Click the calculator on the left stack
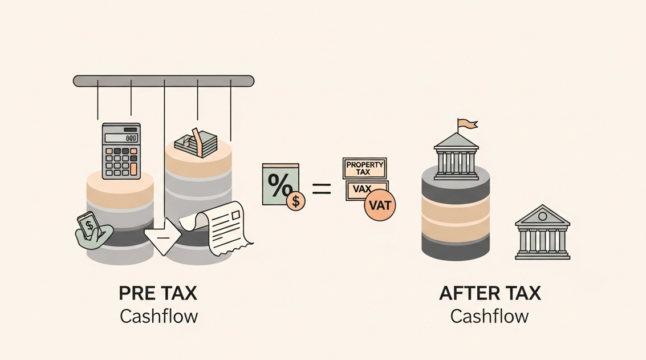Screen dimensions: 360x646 click(x=121, y=151)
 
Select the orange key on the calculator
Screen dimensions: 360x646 click(x=134, y=169)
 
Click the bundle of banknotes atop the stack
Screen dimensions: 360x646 click(x=196, y=142)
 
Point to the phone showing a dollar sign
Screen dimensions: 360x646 click(x=89, y=226)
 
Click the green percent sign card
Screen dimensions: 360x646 click(x=280, y=184)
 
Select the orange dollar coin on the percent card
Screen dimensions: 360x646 click(x=296, y=201)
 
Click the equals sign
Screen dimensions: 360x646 click(x=322, y=189)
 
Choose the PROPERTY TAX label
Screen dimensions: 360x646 click(x=365, y=168)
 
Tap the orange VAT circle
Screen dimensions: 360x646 click(x=380, y=204)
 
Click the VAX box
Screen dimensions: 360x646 click(x=359, y=188)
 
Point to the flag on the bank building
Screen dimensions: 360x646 click(x=467, y=124)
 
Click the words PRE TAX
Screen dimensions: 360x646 click(x=158, y=294)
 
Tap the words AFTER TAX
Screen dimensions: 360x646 click(x=490, y=294)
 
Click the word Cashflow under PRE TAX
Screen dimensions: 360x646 click(x=159, y=316)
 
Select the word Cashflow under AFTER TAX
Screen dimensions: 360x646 click(x=489, y=316)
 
